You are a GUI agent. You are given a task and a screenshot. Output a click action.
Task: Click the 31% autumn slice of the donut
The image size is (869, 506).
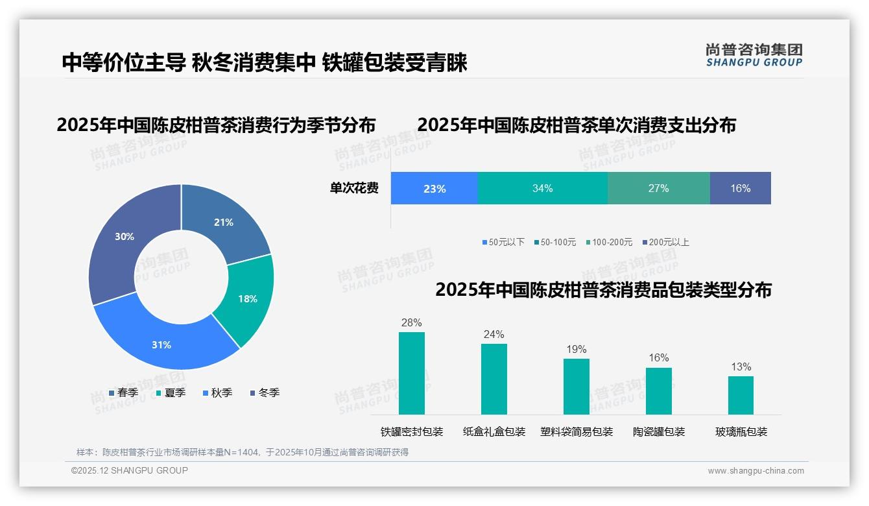(x=161, y=344)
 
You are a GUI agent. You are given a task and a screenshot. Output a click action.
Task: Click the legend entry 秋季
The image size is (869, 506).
(x=217, y=392)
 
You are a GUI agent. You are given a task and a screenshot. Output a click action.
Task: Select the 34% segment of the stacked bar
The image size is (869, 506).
(x=542, y=188)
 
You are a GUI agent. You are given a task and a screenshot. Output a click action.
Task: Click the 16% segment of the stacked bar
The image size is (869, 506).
(x=740, y=188)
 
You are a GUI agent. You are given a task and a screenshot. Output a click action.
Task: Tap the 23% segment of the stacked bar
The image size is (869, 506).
(x=434, y=188)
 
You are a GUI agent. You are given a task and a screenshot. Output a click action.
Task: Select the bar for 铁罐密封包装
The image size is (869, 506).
(x=411, y=373)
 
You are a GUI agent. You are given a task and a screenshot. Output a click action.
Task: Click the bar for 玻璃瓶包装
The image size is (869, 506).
(x=741, y=395)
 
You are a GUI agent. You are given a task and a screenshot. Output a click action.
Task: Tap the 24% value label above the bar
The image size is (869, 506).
(x=494, y=334)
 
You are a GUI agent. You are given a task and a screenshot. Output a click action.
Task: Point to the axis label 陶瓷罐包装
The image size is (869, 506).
(x=658, y=431)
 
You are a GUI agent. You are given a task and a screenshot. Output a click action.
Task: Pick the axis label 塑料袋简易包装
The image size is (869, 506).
(x=576, y=431)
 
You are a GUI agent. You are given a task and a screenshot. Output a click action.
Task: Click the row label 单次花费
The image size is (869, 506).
(x=354, y=188)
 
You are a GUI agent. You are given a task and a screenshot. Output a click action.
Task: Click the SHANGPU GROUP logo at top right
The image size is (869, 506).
(x=754, y=55)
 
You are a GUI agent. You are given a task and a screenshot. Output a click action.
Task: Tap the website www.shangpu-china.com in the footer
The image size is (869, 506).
(x=756, y=470)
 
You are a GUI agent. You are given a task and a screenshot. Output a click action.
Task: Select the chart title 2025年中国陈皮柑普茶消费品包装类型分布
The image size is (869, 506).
(x=603, y=290)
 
